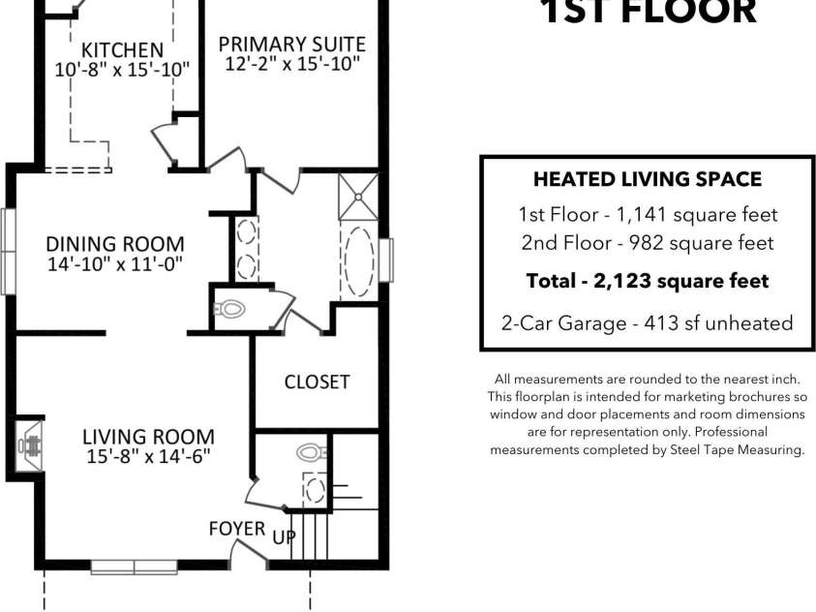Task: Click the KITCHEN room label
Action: click(x=122, y=49)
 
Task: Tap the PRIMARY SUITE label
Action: click(x=291, y=44)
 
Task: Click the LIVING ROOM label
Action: click(x=148, y=437)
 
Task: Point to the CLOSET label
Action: click(x=317, y=382)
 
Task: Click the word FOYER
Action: click(x=237, y=529)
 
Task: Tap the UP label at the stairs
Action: click(x=283, y=536)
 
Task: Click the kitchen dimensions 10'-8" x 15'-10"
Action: click(x=122, y=69)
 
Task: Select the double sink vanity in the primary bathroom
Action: click(x=246, y=249)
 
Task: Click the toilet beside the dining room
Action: click(x=231, y=310)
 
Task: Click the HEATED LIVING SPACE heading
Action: click(x=648, y=179)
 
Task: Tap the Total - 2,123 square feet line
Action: click(x=648, y=281)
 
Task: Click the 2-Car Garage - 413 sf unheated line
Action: click(x=648, y=323)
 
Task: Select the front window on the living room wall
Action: click(x=134, y=566)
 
